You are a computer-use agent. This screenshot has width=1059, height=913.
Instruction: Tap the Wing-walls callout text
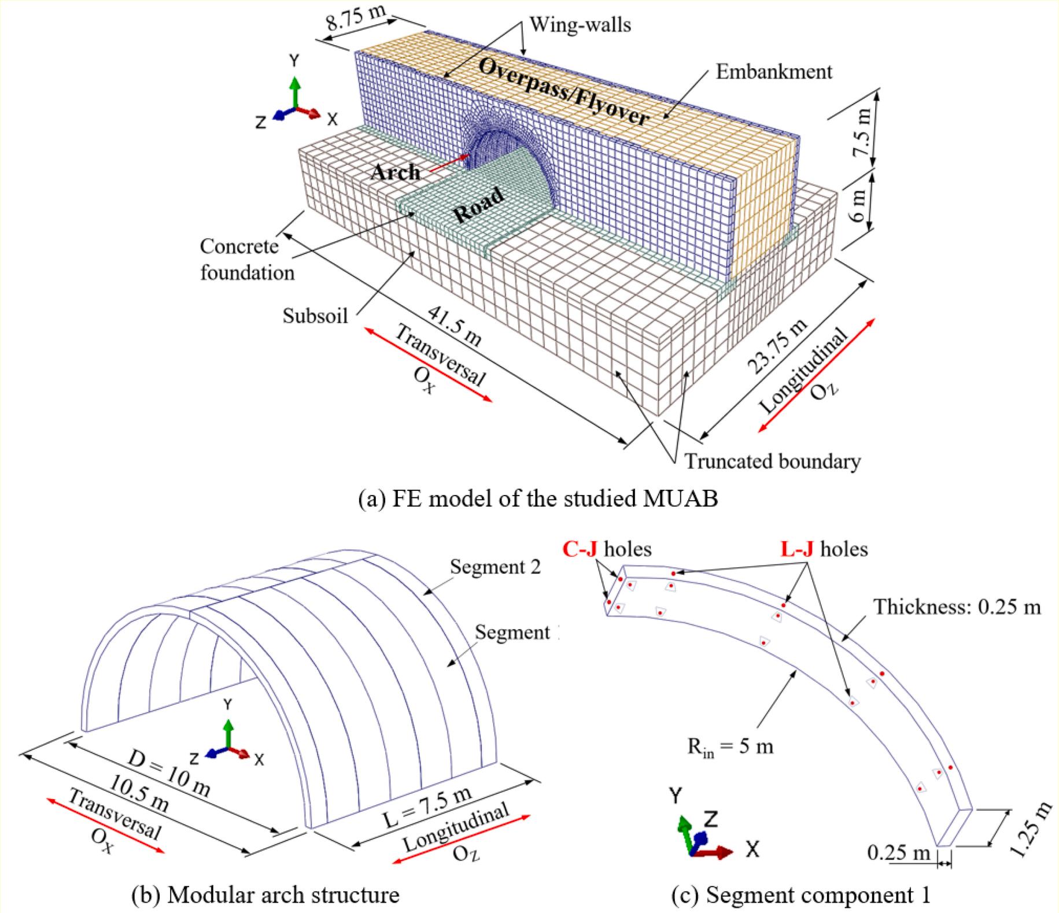tap(580, 25)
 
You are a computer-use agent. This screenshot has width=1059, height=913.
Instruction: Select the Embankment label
tap(774, 72)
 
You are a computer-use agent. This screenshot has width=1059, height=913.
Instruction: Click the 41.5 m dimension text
tap(455, 326)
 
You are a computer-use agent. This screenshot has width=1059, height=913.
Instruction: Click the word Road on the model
tap(478, 205)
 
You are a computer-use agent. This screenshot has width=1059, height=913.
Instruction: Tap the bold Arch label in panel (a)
tap(396, 172)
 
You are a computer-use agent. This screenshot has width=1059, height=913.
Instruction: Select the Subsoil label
tap(315, 316)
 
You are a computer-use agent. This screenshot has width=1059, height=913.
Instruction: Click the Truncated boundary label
tap(773, 461)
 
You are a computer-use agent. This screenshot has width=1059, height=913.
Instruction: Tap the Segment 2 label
tap(495, 567)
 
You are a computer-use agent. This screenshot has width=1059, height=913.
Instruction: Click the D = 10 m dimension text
tap(168, 775)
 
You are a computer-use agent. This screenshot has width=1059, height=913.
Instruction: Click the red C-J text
tap(580, 549)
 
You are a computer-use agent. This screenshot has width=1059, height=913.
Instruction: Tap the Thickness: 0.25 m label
tap(957, 607)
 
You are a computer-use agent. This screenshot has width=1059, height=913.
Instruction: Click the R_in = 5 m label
tap(730, 746)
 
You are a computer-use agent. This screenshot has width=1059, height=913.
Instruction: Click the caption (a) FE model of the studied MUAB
tap(538, 498)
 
